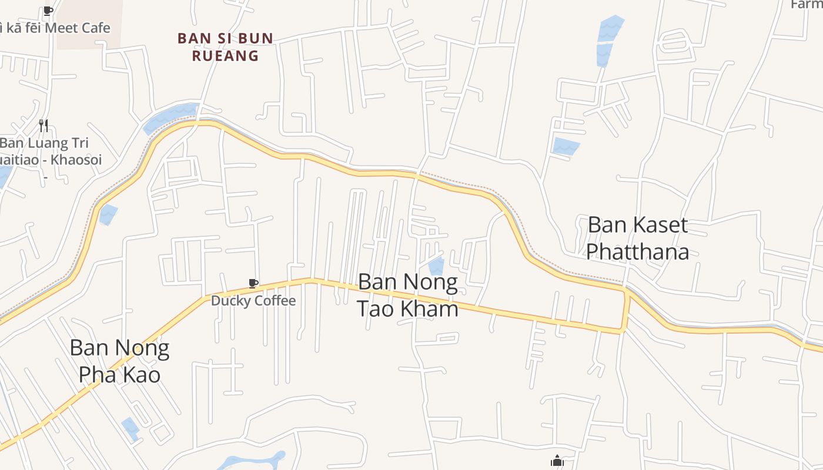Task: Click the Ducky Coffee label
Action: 253,301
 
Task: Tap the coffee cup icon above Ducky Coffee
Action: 253,284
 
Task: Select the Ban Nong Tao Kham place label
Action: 408,296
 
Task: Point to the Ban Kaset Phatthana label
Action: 638,238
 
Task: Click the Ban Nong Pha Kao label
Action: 119,361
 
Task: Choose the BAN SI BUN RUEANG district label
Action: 225,47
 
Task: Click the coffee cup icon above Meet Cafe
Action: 48,11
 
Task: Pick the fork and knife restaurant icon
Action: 43,125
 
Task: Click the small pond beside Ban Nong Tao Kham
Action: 436,266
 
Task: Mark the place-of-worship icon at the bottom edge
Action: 557,462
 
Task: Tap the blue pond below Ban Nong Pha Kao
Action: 130,428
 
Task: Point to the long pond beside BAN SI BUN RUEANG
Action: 170,117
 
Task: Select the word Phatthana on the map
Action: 638,251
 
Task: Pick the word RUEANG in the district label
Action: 225,56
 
